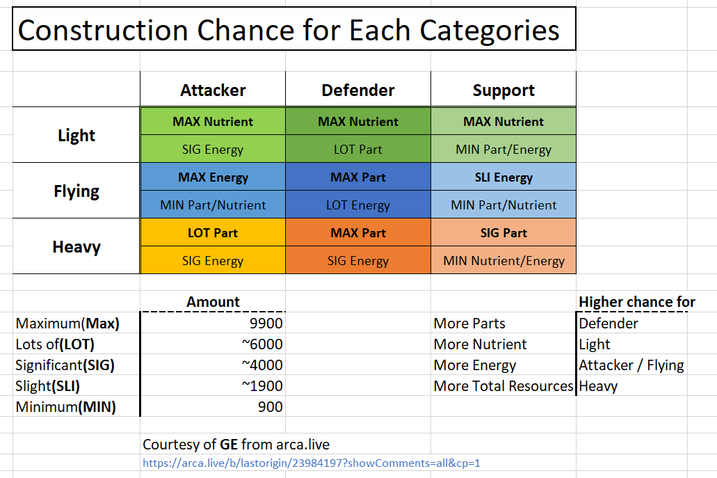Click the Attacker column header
213,90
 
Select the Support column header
503,90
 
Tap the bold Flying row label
76,191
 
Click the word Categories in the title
490,31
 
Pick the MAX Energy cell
213,177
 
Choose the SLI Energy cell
503,177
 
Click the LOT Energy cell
358,205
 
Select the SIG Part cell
503,233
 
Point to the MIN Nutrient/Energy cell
503,261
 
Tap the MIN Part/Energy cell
503,150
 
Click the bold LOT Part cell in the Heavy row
213,233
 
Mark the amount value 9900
266,324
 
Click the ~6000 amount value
262,344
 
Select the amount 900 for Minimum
271,406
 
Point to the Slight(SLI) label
47,386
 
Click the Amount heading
213,302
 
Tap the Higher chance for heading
637,302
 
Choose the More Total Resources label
503,386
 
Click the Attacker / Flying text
631,365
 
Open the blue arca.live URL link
312,463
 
